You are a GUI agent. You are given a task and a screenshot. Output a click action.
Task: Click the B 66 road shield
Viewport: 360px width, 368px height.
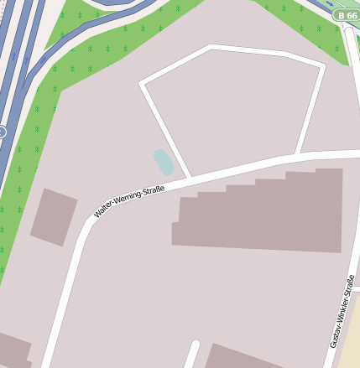(x=345, y=15)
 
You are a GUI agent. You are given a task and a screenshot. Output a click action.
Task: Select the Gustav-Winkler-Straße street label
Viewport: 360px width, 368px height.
(x=341, y=310)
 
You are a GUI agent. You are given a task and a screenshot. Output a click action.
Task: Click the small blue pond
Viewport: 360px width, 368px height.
(x=163, y=161)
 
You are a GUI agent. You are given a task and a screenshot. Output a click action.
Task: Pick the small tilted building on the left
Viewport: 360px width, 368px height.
(x=54, y=217)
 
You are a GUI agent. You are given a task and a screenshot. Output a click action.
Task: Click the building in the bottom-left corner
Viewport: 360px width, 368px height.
(x=13, y=350)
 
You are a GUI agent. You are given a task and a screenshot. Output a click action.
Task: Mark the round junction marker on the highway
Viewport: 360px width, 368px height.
(x=2, y=132)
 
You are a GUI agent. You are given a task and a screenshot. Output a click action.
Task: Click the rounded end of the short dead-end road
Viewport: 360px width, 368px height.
(x=194, y=345)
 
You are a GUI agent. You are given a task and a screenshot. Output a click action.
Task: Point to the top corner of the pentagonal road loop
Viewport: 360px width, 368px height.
(x=210, y=47)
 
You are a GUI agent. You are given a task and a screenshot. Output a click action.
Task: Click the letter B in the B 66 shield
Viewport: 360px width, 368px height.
(x=339, y=15)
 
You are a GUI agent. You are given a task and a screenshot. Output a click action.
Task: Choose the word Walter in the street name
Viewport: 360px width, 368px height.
(x=107, y=210)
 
